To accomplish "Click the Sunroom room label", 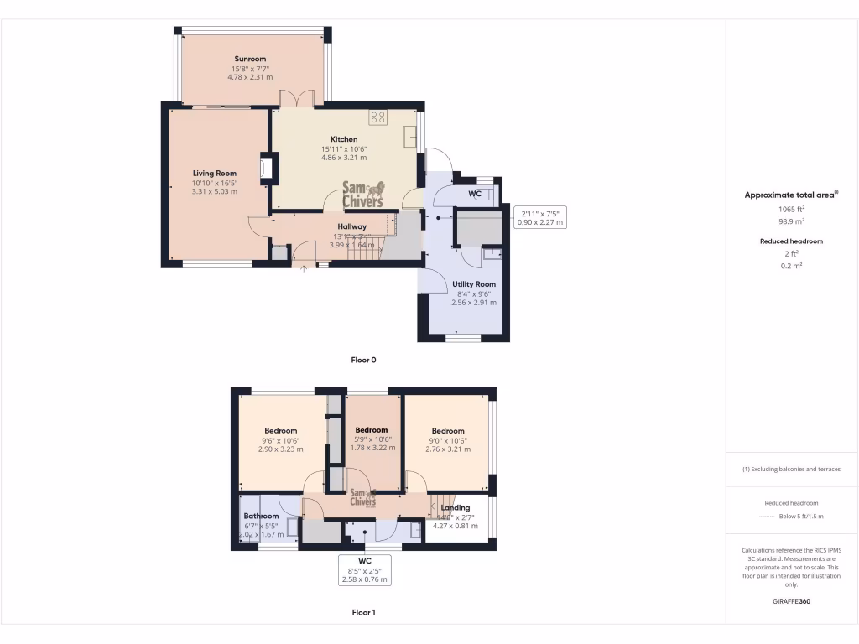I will pos(250,60).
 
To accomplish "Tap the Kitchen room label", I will pos(344,139).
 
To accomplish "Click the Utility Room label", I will pos(474,284).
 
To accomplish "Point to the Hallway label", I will pos(351,226).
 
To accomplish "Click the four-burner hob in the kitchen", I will pos(377,117).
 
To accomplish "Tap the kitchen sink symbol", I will pos(410,136).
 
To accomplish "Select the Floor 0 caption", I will pos(363,360).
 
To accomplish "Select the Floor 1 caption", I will pos(363,612).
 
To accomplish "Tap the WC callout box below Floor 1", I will pos(365,569).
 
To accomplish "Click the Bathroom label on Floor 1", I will pos(261,516).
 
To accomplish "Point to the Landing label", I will pos(456,507).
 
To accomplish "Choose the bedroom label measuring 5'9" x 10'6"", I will pos(372,430).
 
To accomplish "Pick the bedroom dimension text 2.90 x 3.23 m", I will pos(280,449).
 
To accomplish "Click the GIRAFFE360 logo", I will pos(791,601).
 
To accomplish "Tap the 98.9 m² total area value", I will pos(791,221).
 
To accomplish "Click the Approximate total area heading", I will pos(790,195).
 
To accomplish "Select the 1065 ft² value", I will pos(791,209).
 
